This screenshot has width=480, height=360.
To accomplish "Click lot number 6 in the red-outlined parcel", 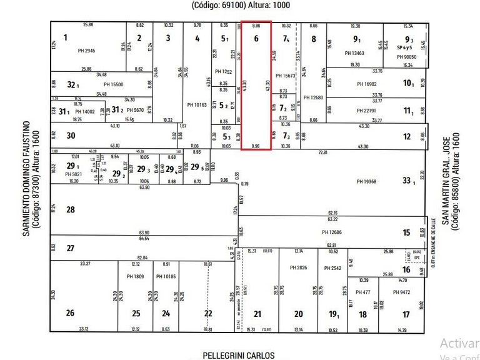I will (256, 38).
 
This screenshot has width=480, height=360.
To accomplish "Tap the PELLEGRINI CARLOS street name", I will (238, 355).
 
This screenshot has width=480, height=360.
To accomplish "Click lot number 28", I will (71, 210).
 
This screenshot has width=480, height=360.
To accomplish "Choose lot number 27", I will (71, 248).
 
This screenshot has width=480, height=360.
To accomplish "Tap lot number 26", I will (71, 313).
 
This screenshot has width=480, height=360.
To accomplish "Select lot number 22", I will (208, 314).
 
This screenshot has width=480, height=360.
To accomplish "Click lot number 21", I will (256, 314).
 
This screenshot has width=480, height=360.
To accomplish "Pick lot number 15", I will (406, 232).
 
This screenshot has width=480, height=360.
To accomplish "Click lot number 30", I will (71, 136).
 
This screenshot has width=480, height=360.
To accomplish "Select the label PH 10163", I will (197, 105).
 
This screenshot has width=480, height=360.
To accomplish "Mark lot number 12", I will (407, 136).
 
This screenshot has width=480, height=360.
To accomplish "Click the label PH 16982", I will (368, 84).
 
